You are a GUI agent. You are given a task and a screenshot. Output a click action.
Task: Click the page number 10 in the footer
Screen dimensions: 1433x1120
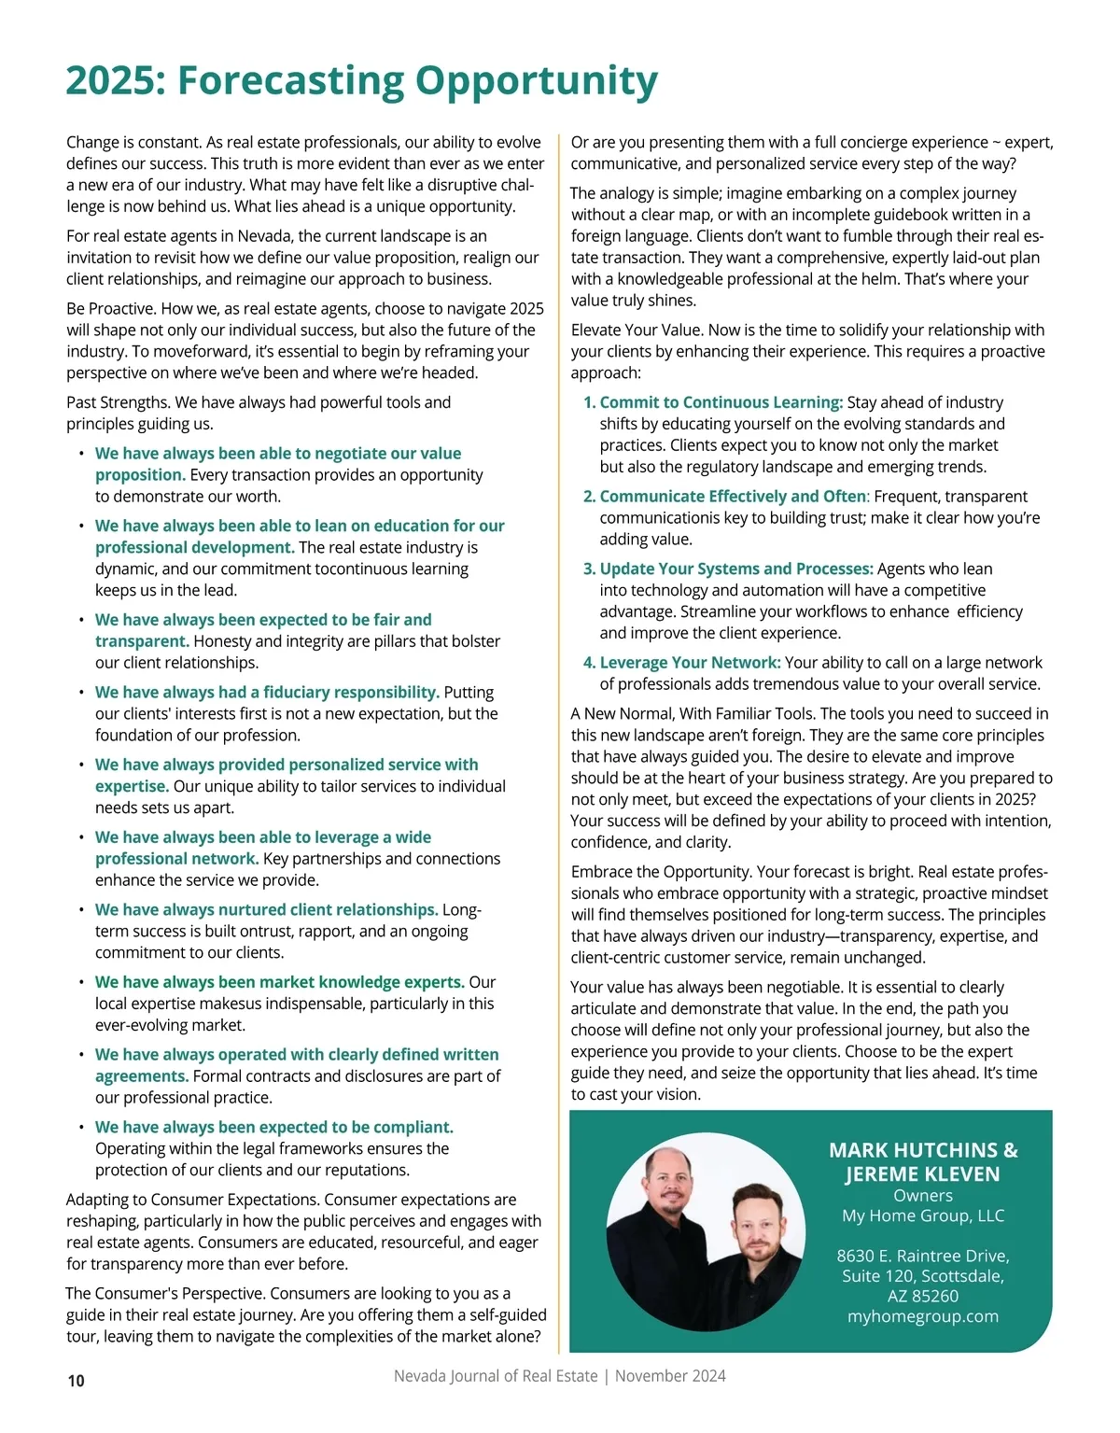[76, 1381]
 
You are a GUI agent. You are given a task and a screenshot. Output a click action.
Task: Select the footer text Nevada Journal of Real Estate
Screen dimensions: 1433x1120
[495, 1376]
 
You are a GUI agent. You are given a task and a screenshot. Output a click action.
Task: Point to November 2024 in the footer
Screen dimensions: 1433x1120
[670, 1376]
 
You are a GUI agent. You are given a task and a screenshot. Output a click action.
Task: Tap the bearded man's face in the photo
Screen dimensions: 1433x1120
[754, 1223]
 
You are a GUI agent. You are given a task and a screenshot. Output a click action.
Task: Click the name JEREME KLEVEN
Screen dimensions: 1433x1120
[922, 1174]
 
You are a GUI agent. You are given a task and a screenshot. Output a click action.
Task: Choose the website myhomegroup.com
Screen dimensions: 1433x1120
[922, 1316]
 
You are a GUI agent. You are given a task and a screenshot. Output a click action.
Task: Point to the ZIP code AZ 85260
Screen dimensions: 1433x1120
[922, 1296]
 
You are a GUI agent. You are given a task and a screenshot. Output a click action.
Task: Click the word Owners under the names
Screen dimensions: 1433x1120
[922, 1196]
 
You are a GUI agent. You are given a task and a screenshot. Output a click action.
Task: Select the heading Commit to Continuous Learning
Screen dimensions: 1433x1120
[721, 402]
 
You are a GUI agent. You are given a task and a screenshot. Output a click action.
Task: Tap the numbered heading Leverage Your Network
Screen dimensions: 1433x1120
[690, 663]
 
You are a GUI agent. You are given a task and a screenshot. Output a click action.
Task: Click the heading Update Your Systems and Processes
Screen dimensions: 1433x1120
[736, 569]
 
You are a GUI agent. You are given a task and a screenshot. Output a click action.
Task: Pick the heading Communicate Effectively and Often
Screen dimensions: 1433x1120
[733, 497]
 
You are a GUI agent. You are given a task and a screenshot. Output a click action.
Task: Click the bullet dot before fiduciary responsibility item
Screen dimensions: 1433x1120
[81, 693]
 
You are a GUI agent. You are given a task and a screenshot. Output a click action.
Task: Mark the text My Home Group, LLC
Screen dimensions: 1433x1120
[922, 1215]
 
